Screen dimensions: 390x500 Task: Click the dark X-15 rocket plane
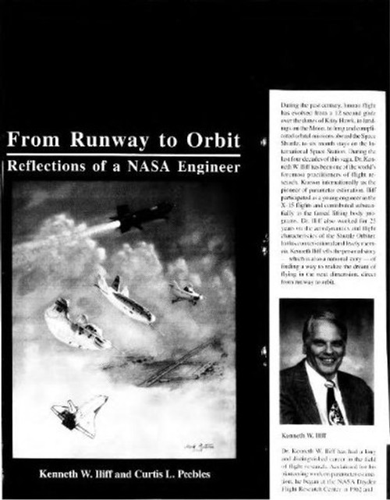tap(140, 214)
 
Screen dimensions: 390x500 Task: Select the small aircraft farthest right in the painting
tap(186, 293)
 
